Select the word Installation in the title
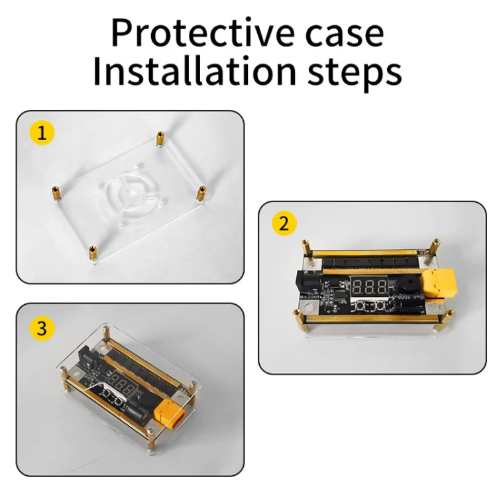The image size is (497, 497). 195,71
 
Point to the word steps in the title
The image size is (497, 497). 355,74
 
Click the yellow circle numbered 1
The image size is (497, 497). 42,133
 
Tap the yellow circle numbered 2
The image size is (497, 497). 284,223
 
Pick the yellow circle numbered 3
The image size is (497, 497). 42,329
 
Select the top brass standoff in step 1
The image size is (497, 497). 161,139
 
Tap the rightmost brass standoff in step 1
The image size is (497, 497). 201,193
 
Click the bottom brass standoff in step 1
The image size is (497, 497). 93,254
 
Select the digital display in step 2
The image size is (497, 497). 369,287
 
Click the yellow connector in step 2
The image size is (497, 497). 439,284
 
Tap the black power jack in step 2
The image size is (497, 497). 307,284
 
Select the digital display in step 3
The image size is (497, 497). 122,384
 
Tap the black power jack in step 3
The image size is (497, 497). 87,355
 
